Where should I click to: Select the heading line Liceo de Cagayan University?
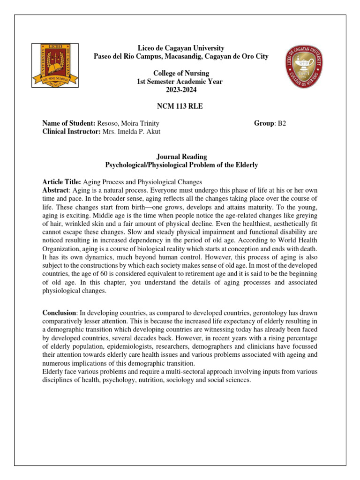point(181,48)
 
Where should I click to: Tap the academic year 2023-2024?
point(181,90)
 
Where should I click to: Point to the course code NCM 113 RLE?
point(181,106)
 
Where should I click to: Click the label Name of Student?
point(68,123)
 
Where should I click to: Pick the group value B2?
point(281,123)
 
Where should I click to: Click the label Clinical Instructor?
point(71,131)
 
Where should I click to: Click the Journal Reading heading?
point(181,157)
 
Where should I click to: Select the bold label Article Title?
point(61,181)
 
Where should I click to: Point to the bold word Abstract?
point(55,190)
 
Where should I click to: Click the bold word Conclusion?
point(59,313)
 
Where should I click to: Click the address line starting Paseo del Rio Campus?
point(181,57)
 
